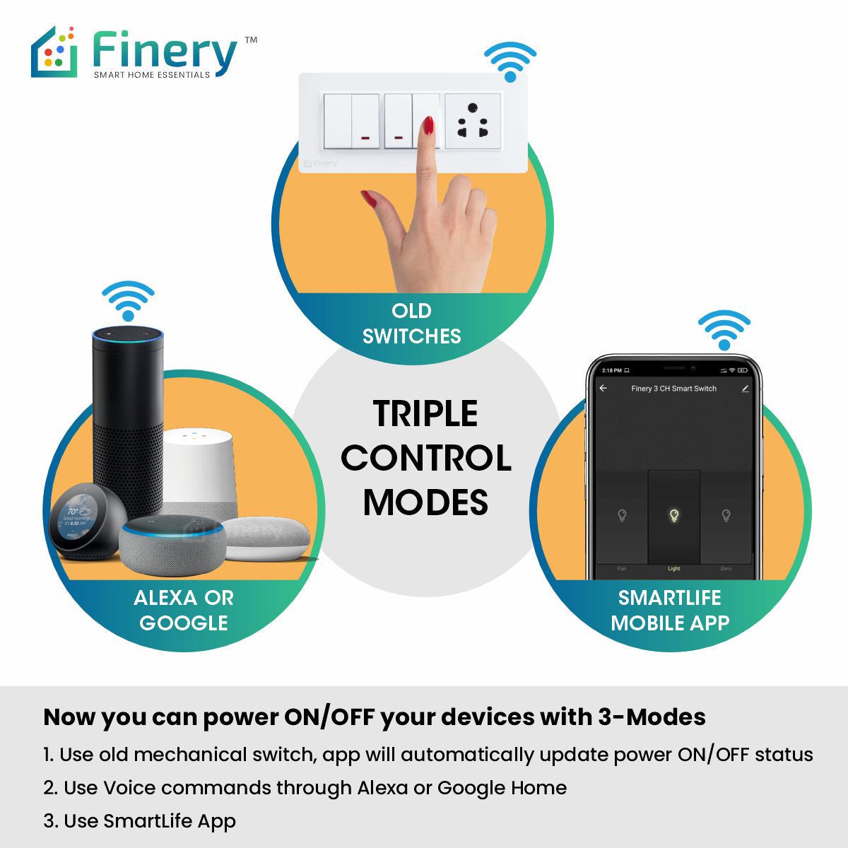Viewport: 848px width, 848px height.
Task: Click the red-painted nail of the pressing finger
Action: coord(428,126)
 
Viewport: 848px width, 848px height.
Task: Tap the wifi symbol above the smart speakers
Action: coord(128,300)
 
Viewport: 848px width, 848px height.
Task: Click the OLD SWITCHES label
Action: coord(411,324)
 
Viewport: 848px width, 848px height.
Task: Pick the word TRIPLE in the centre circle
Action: coord(425,414)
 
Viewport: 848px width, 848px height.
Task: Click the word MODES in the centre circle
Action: coord(425,502)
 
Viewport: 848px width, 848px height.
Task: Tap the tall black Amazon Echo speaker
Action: coord(128,410)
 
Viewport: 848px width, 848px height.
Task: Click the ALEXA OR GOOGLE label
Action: coord(184,611)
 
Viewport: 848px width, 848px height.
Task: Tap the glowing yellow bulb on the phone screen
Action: coord(673,515)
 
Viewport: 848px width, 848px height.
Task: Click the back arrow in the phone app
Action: coord(603,389)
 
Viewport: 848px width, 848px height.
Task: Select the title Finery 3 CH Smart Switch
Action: coord(673,389)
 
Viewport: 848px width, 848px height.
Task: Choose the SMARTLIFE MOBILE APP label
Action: coord(670,611)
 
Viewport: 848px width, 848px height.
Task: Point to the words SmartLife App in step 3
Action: coord(170,821)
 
